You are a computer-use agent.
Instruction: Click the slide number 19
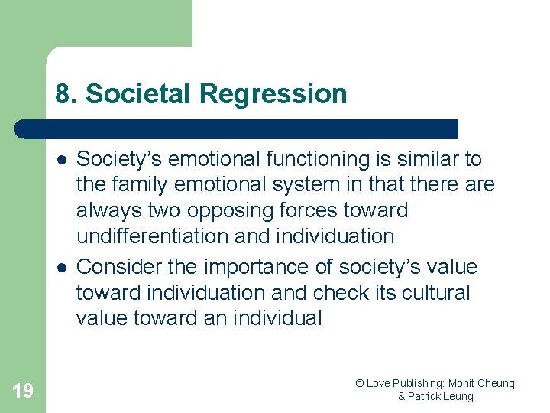[x=23, y=391]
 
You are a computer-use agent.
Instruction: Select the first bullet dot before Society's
[x=60, y=160]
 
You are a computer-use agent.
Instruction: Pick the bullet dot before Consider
[x=60, y=268]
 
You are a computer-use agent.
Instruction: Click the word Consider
[x=121, y=267]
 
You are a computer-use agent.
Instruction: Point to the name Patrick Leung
[x=442, y=396]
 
